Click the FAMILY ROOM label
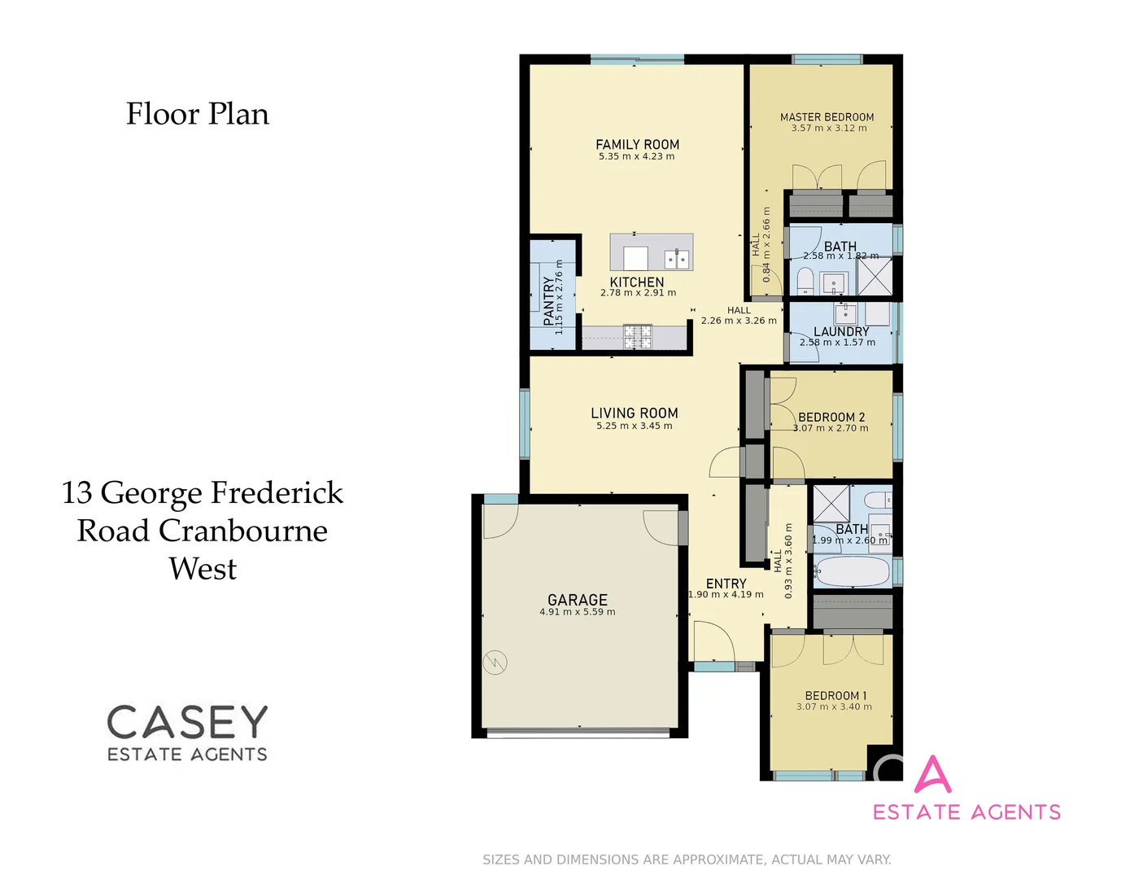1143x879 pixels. [x=637, y=144]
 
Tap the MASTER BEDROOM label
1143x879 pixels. [x=827, y=117]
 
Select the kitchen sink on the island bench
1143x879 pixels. [x=678, y=259]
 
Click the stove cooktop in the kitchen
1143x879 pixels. [x=638, y=336]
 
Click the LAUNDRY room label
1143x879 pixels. [x=841, y=331]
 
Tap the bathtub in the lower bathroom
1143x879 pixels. [x=852, y=571]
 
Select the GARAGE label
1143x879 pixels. [x=577, y=600]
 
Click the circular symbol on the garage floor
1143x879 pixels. [x=495, y=663]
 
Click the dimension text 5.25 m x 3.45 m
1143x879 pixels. [x=634, y=426]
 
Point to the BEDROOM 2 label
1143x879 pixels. [x=831, y=417]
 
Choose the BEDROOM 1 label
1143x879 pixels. [x=835, y=695]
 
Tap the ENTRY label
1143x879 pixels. [x=726, y=584]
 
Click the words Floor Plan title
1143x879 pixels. [x=198, y=114]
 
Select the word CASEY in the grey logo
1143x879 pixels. [x=187, y=722]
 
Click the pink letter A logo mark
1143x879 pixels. [x=932, y=775]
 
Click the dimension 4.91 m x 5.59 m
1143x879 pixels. [x=577, y=612]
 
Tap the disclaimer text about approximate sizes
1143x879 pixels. [x=687, y=859]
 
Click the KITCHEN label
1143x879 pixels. [x=637, y=282]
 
